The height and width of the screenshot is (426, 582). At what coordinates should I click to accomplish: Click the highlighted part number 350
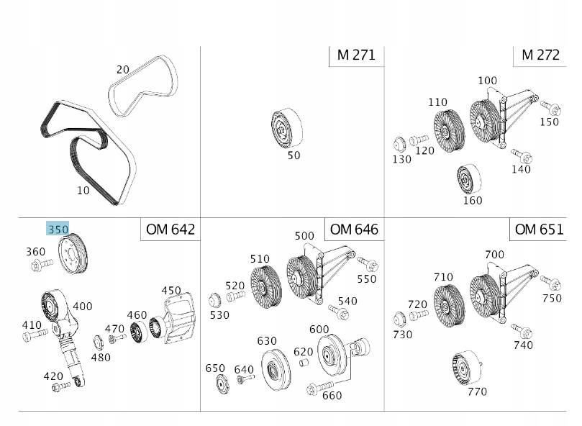coord(58,229)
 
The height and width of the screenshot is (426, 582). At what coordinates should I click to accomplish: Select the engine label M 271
coord(356,55)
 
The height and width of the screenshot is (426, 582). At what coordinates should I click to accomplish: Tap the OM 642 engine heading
coord(170,229)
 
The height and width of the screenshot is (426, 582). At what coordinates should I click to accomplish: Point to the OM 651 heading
coord(539,229)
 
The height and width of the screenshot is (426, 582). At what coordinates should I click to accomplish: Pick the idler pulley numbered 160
coord(469,179)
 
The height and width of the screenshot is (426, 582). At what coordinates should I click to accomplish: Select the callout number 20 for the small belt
coord(123,70)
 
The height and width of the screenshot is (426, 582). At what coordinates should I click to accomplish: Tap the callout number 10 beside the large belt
coord(83,191)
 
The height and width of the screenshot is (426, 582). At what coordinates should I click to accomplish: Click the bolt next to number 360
coord(42,265)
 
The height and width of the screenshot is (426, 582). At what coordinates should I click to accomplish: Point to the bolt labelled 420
coord(61,386)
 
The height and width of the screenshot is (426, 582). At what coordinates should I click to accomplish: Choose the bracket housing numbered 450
coord(178,316)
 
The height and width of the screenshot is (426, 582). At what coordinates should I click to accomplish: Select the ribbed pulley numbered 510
coord(266,286)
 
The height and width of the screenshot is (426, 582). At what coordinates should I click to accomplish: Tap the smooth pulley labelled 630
coord(276,370)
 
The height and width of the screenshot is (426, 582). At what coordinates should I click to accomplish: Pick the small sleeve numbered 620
coord(304,362)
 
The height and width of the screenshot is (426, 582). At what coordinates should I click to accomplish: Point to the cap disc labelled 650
coord(222,384)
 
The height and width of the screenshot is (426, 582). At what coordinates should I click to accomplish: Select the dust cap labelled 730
coord(399,319)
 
